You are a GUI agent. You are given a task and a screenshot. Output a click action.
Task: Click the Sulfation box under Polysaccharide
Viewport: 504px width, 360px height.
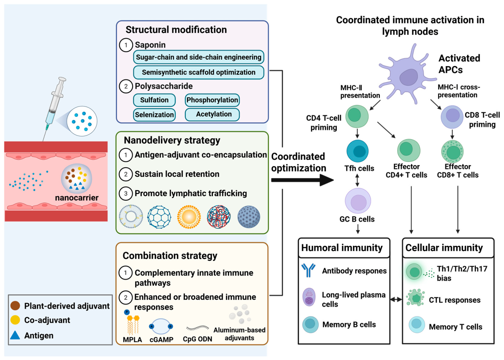154,100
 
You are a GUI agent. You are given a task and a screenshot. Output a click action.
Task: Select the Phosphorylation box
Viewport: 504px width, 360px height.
212,100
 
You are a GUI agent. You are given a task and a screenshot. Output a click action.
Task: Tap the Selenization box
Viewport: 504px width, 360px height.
154,115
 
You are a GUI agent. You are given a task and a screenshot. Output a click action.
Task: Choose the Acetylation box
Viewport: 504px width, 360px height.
212,115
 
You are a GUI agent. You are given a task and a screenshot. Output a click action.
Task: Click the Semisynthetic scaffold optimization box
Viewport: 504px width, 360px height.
198,72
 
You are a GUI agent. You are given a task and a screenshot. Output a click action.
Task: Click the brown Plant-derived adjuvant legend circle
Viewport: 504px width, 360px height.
15,306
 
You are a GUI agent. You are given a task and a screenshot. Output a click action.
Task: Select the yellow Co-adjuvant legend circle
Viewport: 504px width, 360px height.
15,320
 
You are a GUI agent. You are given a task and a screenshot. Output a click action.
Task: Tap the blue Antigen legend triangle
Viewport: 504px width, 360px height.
15,335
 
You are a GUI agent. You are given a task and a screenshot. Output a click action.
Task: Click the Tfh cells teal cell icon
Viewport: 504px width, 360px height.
357,151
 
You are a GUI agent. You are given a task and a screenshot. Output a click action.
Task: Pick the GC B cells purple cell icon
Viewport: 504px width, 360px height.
358,201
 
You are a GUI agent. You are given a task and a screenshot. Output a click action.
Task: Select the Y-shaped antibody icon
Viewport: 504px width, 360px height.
309,270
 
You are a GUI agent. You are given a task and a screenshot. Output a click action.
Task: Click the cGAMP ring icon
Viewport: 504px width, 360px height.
161,327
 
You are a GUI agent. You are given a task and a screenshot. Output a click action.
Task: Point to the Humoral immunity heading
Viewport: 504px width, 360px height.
342,248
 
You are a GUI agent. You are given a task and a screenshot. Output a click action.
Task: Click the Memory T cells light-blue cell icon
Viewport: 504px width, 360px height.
417,325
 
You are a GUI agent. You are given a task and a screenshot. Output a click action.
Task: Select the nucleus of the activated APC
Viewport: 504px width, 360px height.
408,77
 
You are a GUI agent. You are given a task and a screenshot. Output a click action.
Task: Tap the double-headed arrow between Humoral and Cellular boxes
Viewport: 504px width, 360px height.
396,299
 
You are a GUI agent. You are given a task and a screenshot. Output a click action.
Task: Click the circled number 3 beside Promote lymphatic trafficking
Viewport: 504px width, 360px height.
126,193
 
